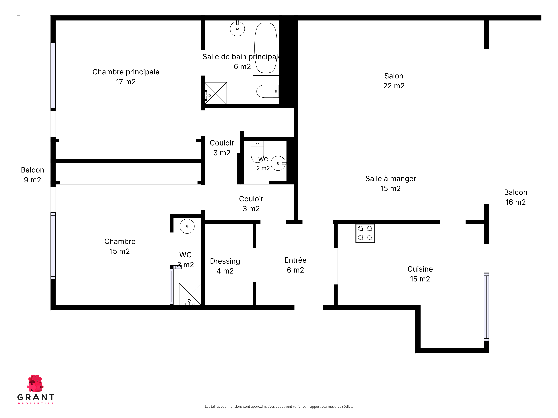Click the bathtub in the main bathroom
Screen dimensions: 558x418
tap(266, 48)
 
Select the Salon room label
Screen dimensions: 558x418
tap(394, 81)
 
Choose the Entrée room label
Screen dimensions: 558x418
tap(295, 265)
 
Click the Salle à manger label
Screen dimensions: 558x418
tap(391, 183)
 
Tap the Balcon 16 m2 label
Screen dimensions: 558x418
tap(516, 197)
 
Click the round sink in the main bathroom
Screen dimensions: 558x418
tap(237, 28)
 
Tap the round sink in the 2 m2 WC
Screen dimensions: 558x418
tap(278, 163)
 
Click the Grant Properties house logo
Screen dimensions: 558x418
tap(35, 383)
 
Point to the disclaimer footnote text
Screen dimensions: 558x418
tap(279, 406)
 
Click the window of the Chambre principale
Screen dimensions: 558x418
tap(53, 76)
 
